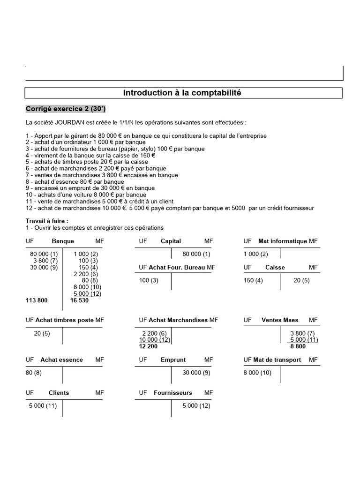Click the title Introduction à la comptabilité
pos(182,93)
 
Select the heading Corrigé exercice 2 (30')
pos(66,109)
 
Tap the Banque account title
pos(63,241)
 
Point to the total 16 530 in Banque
pos(79,300)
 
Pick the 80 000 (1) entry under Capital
pos(196,254)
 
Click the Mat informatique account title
pos(283,241)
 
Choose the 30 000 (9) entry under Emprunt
pos(196,373)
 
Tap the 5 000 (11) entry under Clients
pos(43,406)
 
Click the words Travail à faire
pos(47,221)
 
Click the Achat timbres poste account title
pos(65,320)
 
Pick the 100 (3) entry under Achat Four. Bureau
pos(149,280)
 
